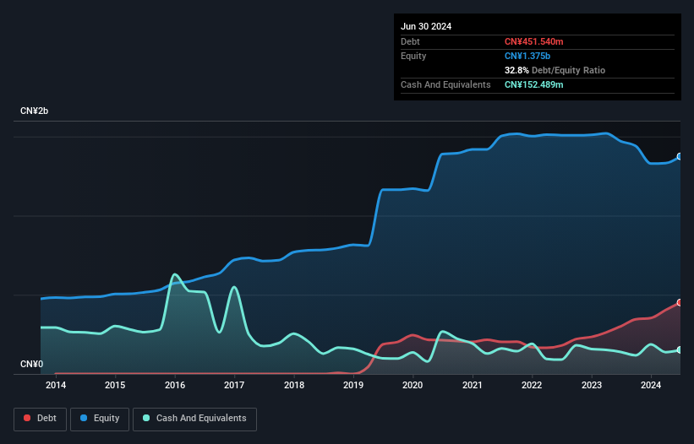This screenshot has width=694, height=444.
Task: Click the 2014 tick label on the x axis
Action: [x=56, y=386]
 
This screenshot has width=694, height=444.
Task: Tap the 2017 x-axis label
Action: [x=234, y=386]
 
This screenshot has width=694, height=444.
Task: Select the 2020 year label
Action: [x=413, y=386]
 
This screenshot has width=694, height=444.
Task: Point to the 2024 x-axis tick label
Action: [x=651, y=386]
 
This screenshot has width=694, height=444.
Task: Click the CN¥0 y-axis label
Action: [x=31, y=365]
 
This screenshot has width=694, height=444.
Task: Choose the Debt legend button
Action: [x=38, y=418]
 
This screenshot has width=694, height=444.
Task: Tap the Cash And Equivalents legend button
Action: [x=194, y=418]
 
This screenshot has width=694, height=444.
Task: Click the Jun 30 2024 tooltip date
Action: [x=426, y=26]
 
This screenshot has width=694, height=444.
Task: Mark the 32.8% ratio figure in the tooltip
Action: [x=519, y=70]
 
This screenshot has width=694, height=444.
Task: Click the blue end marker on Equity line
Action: [x=680, y=156]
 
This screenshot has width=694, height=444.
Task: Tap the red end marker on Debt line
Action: [x=680, y=302]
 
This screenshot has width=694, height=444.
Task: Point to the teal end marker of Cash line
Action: [x=680, y=349]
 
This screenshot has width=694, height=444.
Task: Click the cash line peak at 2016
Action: [x=174, y=274]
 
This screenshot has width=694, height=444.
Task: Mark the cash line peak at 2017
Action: [x=234, y=288]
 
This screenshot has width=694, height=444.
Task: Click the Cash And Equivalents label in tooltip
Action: [x=445, y=84]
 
